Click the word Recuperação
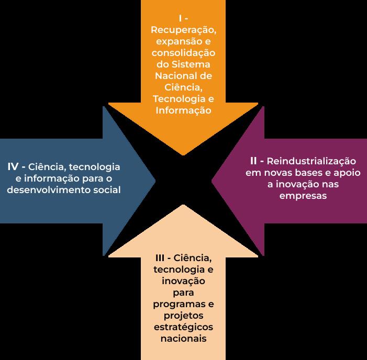click(183, 31)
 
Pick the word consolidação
click(183, 53)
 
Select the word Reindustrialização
click(312, 160)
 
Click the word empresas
click(303, 196)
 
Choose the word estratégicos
click(183, 327)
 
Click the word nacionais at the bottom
click(183, 339)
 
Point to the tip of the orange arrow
click(183, 155)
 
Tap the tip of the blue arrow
click(155, 180)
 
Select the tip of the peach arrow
click(183, 205)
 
